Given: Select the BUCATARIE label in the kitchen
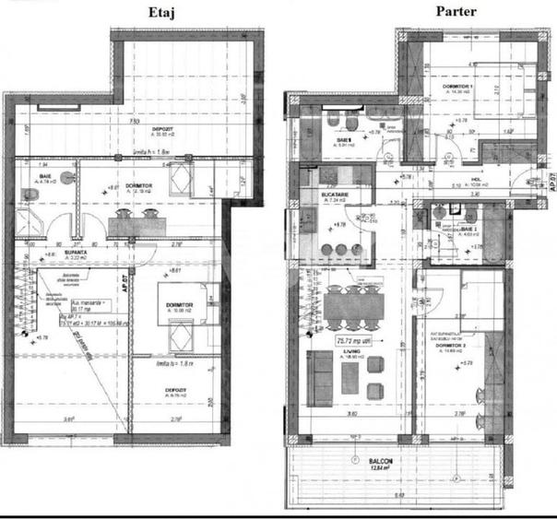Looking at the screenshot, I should [x=335, y=195].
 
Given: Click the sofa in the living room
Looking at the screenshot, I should [x=319, y=379].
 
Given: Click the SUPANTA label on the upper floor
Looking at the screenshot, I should [x=52, y=251].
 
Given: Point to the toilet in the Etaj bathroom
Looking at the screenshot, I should [x=25, y=192].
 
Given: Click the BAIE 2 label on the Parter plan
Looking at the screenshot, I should [x=469, y=227].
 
